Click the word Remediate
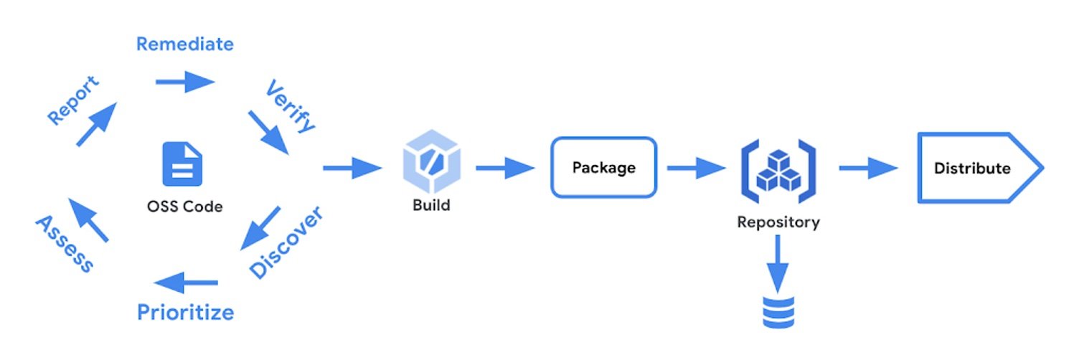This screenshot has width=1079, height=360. [x=184, y=44]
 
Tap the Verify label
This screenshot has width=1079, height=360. [x=290, y=108]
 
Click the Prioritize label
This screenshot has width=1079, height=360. [x=185, y=313]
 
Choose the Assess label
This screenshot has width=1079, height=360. [x=64, y=244]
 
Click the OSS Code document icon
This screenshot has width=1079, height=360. [x=182, y=164]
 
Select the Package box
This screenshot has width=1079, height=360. [x=603, y=168]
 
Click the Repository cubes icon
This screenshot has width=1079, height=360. [x=778, y=170]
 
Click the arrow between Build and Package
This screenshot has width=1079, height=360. [x=505, y=169]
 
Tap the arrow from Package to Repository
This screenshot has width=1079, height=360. [x=696, y=169]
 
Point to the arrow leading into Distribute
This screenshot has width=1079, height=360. [x=868, y=169]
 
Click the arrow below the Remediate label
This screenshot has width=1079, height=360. [x=185, y=82]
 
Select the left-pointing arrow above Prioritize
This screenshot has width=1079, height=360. [x=187, y=283]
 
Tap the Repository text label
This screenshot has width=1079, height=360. [x=778, y=222]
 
